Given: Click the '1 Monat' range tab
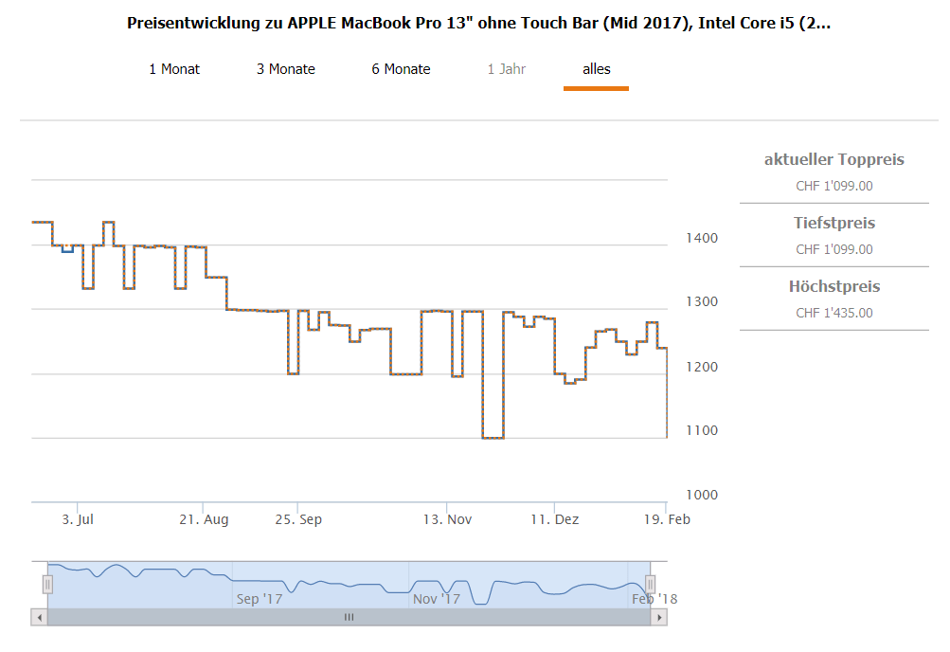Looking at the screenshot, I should (x=174, y=69).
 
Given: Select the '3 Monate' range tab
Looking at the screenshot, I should (x=286, y=69).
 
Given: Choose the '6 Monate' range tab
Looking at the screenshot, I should (x=401, y=69).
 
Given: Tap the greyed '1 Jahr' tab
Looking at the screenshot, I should (x=507, y=69).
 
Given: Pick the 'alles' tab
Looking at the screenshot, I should (x=597, y=69).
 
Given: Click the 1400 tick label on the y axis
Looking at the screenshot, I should (x=702, y=238).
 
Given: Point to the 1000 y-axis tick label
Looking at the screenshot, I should (x=702, y=495).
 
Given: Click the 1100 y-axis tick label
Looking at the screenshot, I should (x=702, y=430).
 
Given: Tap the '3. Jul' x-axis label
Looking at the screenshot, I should (x=77, y=519).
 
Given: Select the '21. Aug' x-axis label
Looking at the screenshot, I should (x=204, y=519).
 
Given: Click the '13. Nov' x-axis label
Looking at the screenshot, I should (x=447, y=519).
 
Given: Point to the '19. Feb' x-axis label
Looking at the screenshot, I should (x=667, y=519).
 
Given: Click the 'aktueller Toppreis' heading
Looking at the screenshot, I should (x=834, y=159).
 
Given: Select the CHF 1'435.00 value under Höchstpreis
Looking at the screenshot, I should (x=834, y=314).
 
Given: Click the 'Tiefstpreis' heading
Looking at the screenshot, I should (x=834, y=224).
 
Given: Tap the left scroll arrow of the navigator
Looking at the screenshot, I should (x=39, y=617).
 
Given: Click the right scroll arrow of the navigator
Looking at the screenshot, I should (x=658, y=617).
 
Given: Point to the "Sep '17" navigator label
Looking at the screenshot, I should (x=260, y=599).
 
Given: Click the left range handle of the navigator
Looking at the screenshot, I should (x=47, y=584).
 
